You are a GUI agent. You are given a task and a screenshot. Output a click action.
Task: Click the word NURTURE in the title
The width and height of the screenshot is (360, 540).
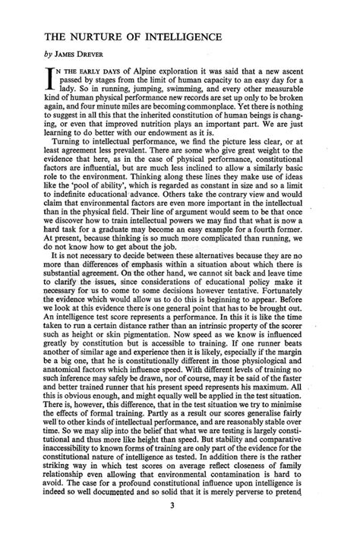pyautogui.click(x=89, y=36)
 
